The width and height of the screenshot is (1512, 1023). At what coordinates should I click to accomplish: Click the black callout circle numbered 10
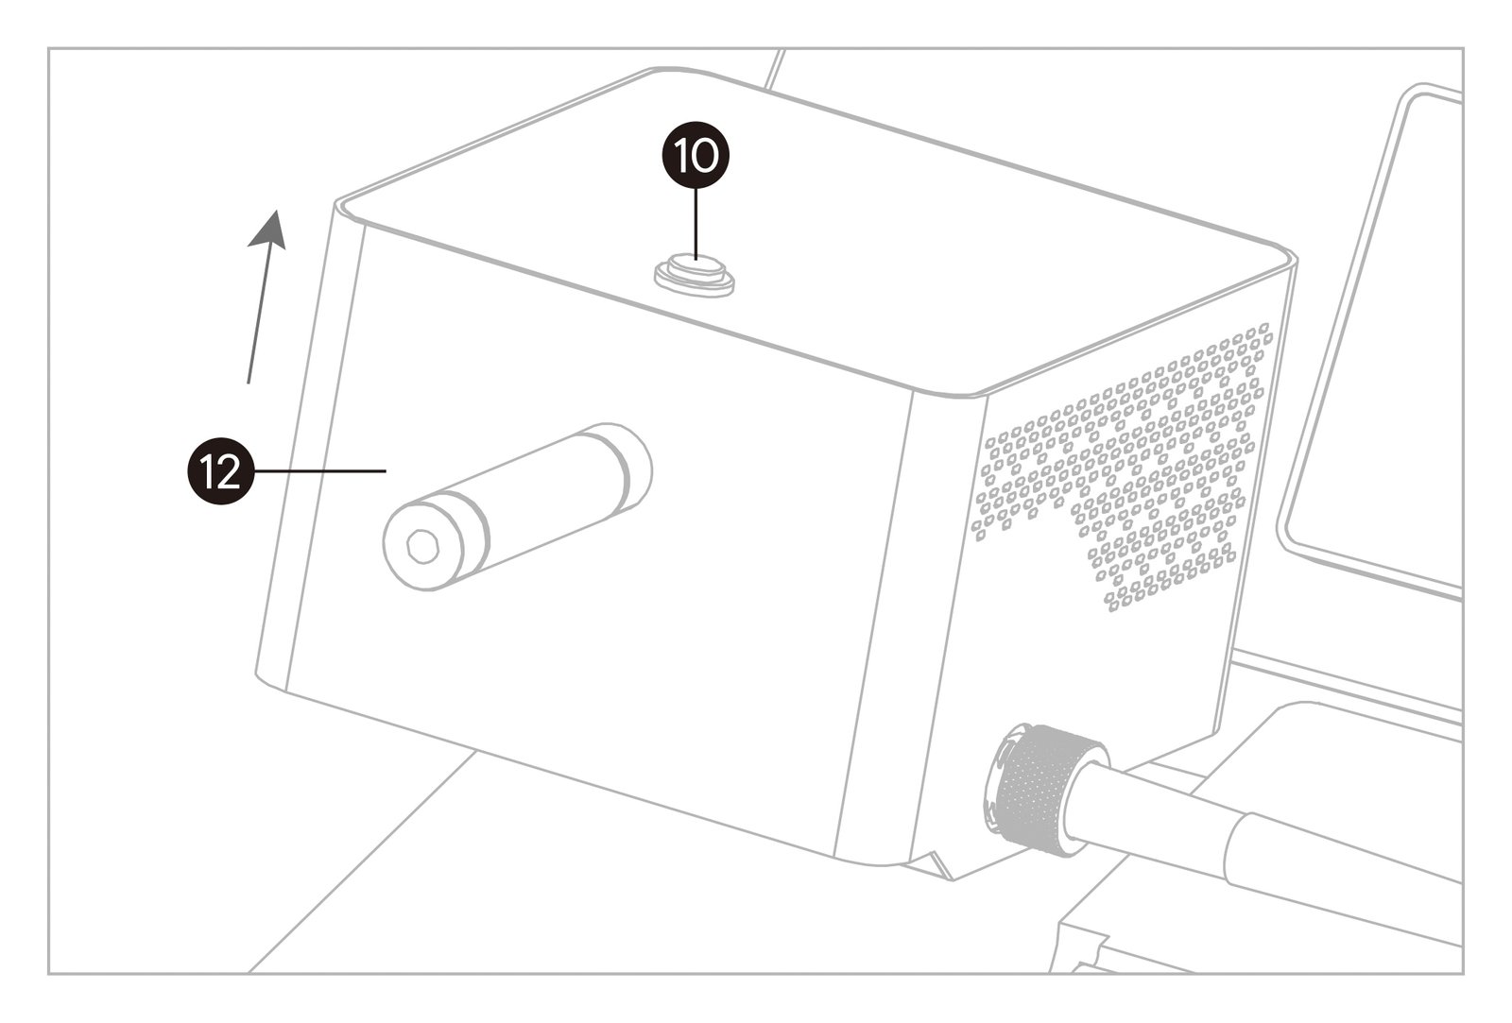coord(695,156)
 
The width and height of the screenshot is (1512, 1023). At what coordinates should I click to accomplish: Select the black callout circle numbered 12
coord(221,470)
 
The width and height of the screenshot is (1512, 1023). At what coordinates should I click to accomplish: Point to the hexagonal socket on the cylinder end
coord(422,547)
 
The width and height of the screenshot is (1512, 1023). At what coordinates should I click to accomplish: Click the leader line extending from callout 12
coord(321,469)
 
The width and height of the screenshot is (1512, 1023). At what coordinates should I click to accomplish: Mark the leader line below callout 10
coord(696,222)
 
